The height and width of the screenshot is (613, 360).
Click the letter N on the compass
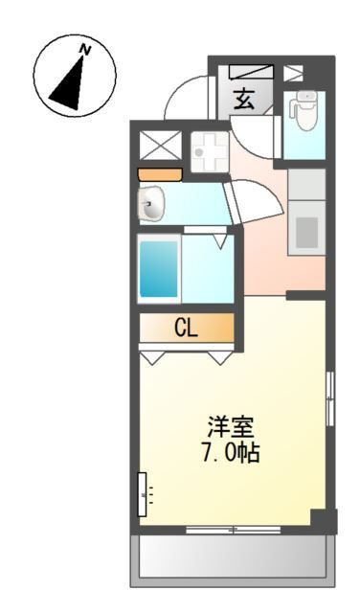click(x=85, y=50)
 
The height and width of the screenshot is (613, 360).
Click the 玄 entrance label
click(x=244, y=99)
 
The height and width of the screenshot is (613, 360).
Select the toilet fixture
click(x=304, y=110)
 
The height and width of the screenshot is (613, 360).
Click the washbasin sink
click(x=151, y=204)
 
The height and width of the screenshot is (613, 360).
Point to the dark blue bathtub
click(x=159, y=269)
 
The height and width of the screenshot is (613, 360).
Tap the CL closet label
click(x=186, y=329)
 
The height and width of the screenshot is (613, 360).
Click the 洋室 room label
click(x=231, y=427)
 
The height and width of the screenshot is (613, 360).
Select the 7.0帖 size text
click(x=230, y=453)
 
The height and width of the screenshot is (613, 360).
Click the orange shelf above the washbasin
click(x=160, y=174)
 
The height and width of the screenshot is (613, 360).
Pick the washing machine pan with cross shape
click(x=210, y=152)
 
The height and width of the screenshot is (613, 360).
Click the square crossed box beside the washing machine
click(x=161, y=146)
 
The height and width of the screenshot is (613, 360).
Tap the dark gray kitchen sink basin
click(x=306, y=233)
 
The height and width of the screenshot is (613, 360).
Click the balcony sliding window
click(x=234, y=530)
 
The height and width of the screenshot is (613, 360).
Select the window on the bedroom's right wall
click(x=330, y=398)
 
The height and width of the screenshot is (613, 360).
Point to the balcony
click(x=233, y=560)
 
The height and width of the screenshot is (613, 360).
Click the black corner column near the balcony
click(x=324, y=521)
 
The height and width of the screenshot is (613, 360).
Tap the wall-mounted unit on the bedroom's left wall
click(x=143, y=494)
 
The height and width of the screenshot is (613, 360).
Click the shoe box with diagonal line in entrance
click(x=251, y=72)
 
